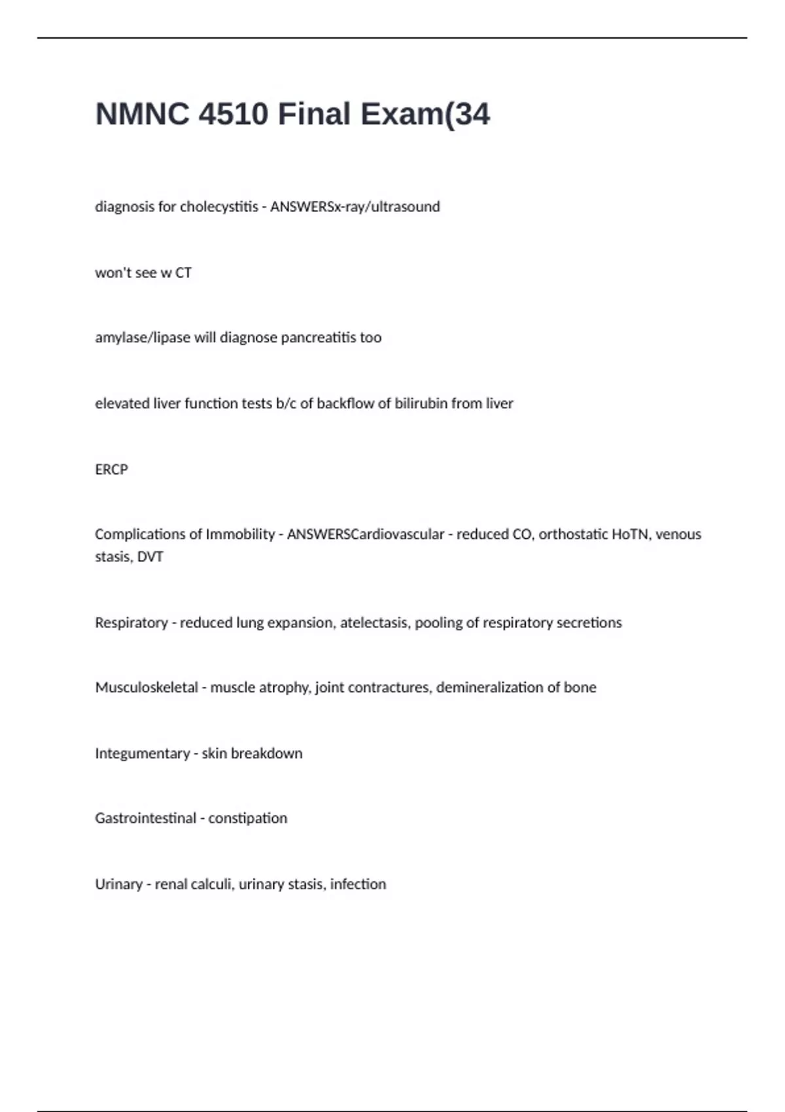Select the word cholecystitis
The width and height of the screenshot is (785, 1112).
[219, 207]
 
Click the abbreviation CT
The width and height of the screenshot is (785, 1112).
[183, 273]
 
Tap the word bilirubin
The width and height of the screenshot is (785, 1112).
[421, 404]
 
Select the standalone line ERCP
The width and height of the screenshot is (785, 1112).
[111, 470]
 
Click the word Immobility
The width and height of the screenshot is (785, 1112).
[240, 534]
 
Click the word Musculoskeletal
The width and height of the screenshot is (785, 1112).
[147, 687]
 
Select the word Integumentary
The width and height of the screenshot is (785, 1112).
[143, 754]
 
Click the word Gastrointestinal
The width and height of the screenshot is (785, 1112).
[145, 818]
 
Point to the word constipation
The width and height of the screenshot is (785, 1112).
[247, 818]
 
